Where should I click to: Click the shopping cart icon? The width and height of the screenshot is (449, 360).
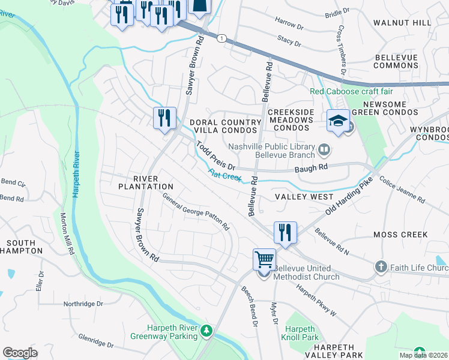(264, 260)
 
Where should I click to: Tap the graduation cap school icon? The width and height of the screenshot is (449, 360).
(338, 121)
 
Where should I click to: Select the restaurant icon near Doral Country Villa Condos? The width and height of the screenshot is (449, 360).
(164, 118)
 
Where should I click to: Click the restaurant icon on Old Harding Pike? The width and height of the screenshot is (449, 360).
(285, 233)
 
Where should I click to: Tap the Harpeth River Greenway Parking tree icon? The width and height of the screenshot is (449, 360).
(206, 331)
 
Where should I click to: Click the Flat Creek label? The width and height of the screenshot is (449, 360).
(224, 175)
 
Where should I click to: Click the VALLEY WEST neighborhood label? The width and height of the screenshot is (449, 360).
(304, 197)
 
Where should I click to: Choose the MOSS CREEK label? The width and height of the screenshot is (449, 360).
(400, 235)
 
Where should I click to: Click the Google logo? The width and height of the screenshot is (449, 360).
(20, 352)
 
